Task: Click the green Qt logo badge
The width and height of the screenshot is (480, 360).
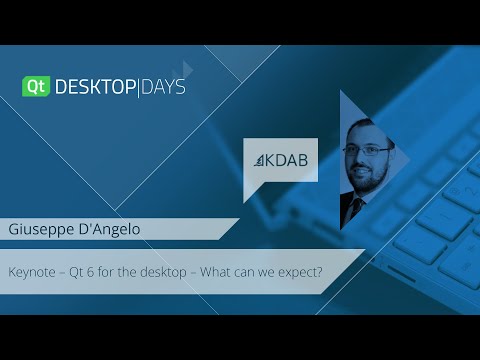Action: (35, 87)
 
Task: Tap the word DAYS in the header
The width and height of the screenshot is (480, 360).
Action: (161, 87)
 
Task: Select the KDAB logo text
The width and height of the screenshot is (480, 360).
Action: (288, 160)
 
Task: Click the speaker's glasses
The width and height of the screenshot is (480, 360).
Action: (367, 150)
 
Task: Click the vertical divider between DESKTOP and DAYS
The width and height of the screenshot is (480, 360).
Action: (137, 87)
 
